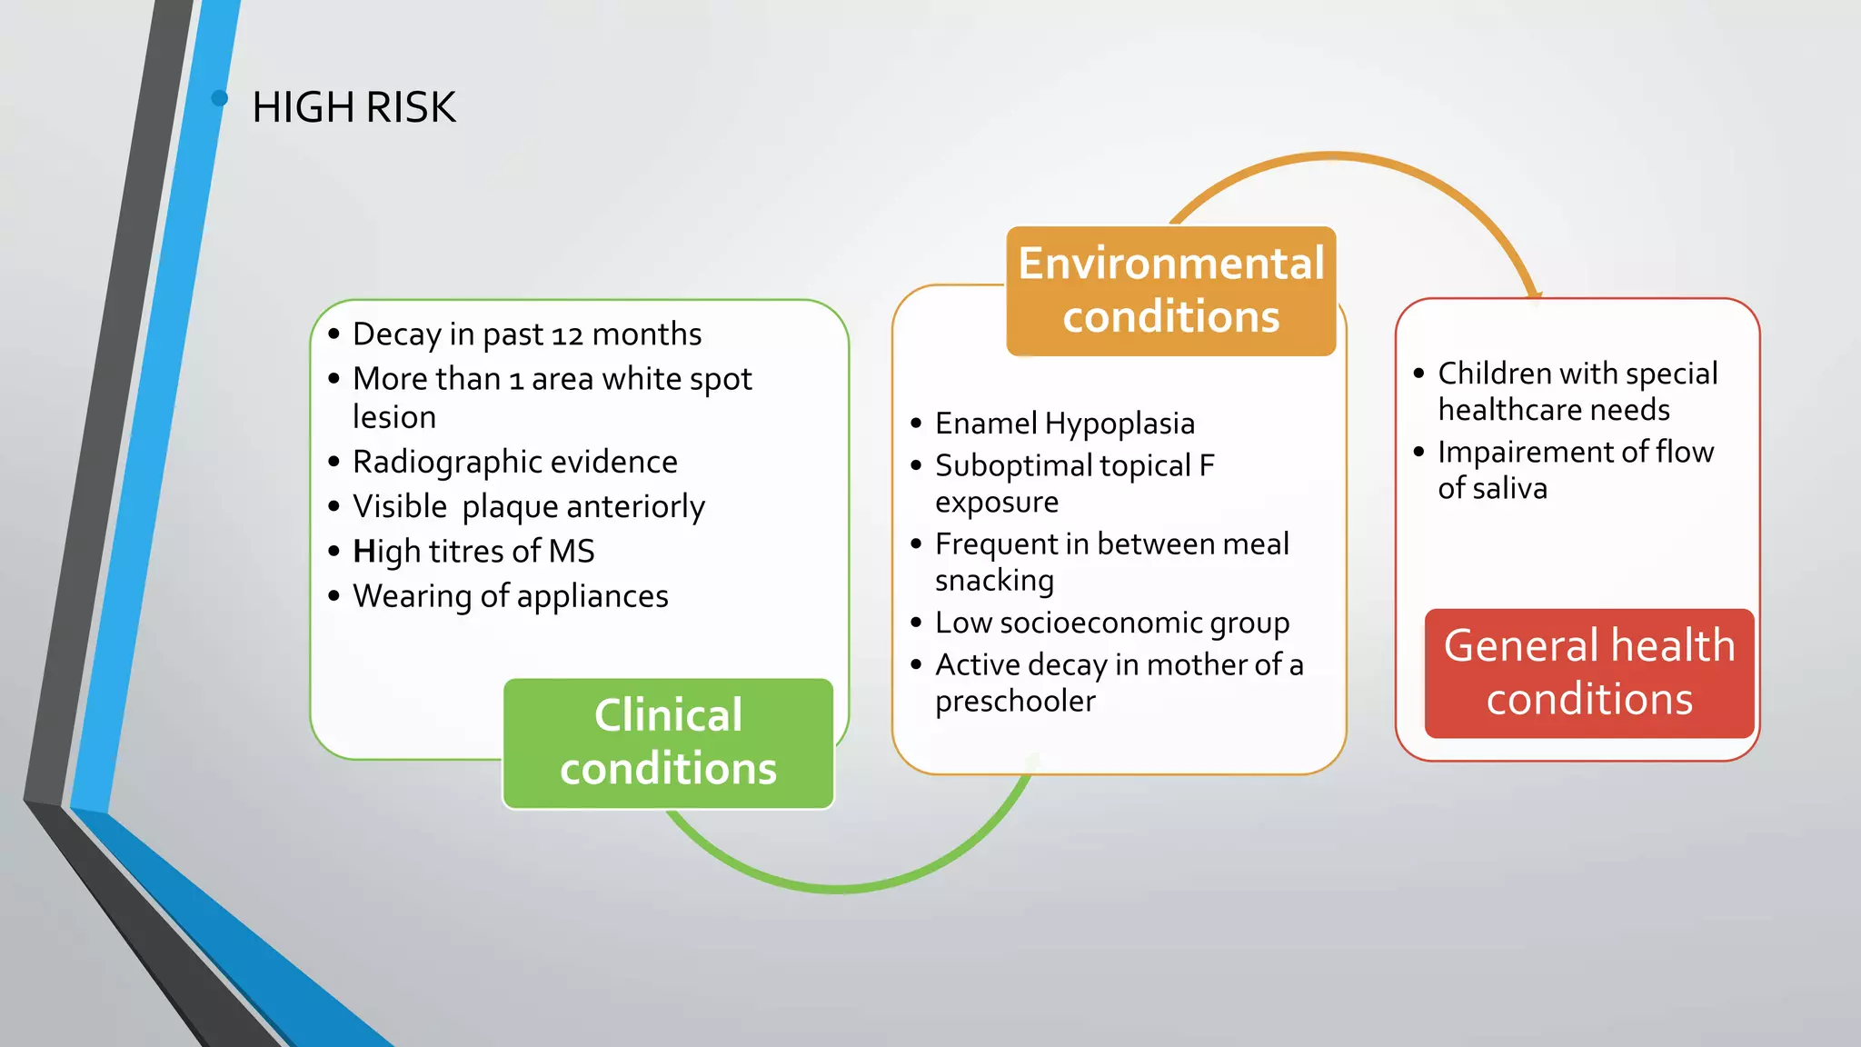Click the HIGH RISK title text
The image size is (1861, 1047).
pos(353,107)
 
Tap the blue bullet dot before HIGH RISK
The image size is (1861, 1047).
pos(219,98)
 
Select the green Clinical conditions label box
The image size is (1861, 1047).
pos(668,743)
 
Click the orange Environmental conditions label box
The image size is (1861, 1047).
pos(1170,290)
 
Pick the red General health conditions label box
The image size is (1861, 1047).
pos(1588,673)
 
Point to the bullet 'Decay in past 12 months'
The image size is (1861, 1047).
pos(527,334)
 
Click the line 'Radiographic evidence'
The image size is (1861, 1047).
pos(514,462)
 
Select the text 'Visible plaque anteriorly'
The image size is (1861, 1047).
pos(528,506)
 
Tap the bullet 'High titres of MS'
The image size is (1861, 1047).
pos(473,551)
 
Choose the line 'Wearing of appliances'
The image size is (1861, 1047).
pos(510,596)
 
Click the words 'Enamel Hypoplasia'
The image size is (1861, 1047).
pos(1064,424)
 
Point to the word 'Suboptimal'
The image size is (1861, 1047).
pos(1012,466)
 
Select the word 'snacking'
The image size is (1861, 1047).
pos(994,581)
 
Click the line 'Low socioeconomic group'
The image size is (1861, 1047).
pos(1111,623)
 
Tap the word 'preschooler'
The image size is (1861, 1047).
pos(1015,702)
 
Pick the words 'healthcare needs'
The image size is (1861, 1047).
pos(1553,410)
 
